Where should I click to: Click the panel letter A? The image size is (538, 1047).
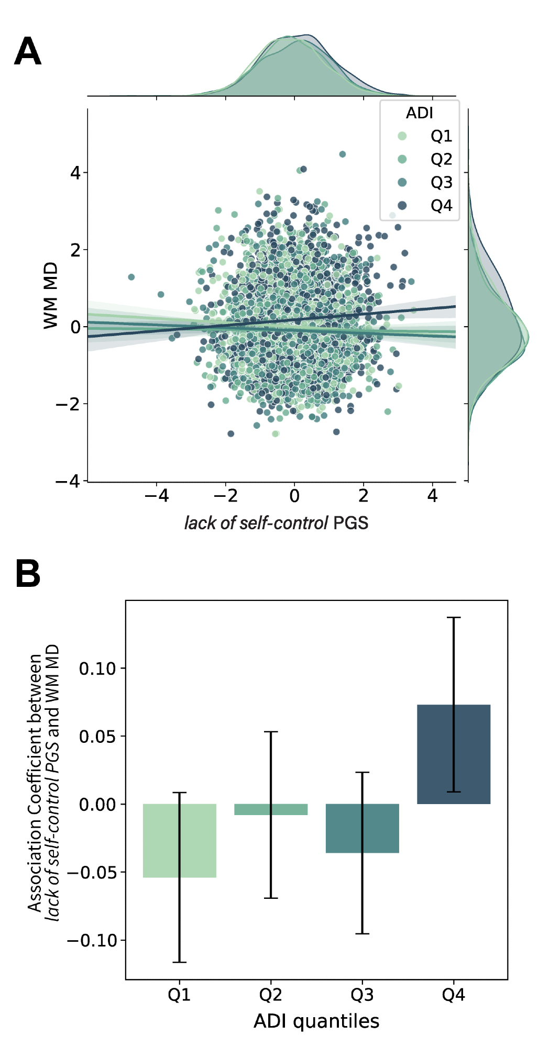click(28, 51)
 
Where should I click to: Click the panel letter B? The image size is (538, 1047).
click(28, 573)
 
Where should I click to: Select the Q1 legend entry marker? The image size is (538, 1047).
click(402, 136)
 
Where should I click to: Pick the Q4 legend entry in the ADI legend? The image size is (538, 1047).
click(441, 206)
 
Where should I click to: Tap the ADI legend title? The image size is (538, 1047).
click(419, 113)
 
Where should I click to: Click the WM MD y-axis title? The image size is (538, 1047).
click(51, 296)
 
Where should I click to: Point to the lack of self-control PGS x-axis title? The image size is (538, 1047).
click(276, 522)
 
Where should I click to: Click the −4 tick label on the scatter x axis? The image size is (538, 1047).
click(157, 496)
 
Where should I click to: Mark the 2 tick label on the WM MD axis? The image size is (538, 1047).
click(76, 250)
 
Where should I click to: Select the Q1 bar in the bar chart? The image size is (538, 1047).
click(179, 840)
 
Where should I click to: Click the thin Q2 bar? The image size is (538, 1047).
click(271, 809)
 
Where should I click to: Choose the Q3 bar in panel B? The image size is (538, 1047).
click(362, 828)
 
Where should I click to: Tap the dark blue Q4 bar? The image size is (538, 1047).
click(454, 754)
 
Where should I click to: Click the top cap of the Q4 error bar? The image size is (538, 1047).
click(454, 618)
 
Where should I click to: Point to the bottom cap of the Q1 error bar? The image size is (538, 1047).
click(179, 962)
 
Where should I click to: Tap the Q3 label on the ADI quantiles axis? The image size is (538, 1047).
click(362, 995)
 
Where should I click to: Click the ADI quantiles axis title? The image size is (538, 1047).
click(316, 1021)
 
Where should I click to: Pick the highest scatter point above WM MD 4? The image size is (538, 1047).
click(343, 154)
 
